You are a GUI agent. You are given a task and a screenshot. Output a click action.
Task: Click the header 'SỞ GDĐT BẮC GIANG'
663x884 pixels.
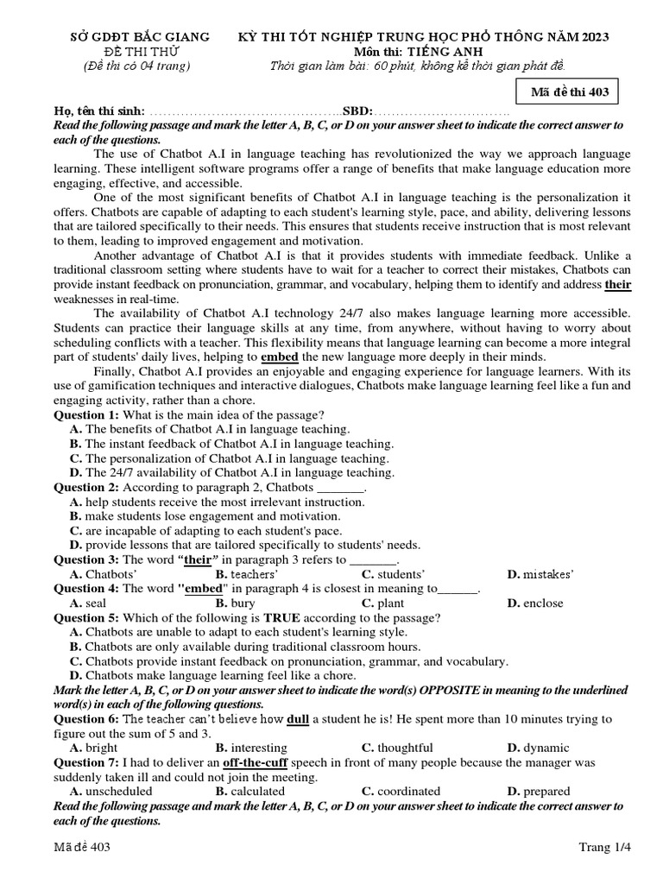click(x=139, y=36)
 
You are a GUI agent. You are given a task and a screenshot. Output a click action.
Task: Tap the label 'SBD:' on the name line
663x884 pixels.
click(x=357, y=112)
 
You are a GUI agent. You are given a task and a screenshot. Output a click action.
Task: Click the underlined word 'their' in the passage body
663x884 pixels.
click(x=618, y=284)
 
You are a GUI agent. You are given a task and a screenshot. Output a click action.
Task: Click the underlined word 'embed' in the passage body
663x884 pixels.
click(x=279, y=356)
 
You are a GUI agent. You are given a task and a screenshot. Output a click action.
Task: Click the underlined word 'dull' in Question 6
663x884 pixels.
click(x=298, y=719)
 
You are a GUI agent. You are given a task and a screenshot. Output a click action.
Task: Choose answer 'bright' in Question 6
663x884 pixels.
click(x=102, y=748)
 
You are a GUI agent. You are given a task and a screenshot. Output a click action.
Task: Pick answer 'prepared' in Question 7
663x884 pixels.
click(x=546, y=791)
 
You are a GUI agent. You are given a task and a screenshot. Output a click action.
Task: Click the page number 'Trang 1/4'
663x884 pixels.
click(x=604, y=847)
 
